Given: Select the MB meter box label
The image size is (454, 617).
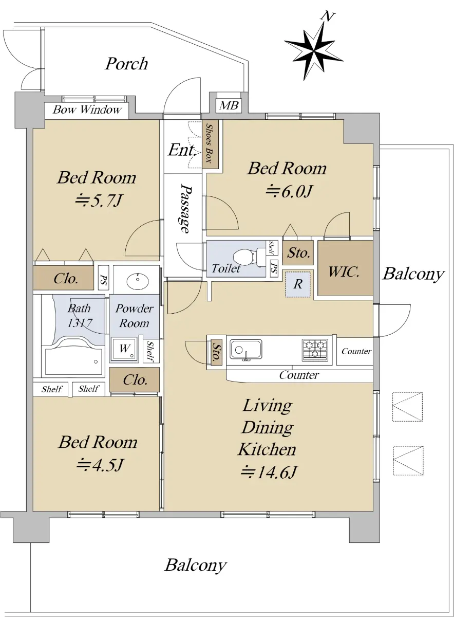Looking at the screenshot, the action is [x=229, y=105].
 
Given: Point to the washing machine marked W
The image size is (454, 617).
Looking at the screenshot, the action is [x=124, y=349].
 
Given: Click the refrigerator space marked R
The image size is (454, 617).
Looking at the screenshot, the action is [x=298, y=284].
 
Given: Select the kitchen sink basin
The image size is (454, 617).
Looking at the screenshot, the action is [x=245, y=350].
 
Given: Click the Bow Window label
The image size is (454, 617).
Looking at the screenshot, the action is [x=87, y=110].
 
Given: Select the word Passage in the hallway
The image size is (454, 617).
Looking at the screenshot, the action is [x=185, y=208].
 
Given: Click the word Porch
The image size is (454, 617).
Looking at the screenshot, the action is [x=126, y=64].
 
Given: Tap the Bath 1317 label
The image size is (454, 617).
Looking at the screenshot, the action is [x=80, y=315].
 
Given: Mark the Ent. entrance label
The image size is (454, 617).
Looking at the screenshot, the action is [x=182, y=150].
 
